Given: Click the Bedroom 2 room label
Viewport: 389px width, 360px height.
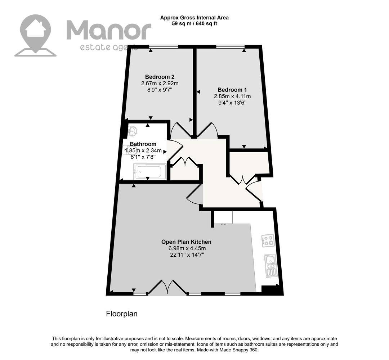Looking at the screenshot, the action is point(160,77).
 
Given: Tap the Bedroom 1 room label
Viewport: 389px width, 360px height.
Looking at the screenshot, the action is point(232,90).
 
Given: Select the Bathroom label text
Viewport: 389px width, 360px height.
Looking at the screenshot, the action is point(143,144).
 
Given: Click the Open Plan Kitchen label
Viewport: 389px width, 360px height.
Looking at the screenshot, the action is point(186,242).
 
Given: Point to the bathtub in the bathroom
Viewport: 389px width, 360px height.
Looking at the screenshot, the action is point(149,172).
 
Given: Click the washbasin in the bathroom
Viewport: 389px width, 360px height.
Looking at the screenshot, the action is point(132,131).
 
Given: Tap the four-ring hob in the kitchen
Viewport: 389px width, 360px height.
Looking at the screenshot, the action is point(268,240).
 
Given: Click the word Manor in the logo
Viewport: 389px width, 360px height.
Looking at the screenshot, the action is point(109,31).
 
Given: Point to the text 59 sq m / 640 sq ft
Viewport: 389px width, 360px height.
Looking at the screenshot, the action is point(194,24).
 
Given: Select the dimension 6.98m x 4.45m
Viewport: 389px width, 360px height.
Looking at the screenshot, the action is point(187,248).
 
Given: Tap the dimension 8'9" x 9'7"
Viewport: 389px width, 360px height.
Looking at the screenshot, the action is point(160,90).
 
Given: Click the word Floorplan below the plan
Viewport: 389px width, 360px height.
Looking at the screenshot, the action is point(122,314).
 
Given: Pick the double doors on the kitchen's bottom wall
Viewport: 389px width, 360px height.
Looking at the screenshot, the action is point(167,288).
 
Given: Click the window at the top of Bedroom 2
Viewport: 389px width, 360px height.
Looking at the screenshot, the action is point(164,46).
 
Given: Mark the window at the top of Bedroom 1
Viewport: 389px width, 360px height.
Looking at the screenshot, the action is point(230,46).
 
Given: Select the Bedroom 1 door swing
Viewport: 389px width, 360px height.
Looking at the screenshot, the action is point(207,130).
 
